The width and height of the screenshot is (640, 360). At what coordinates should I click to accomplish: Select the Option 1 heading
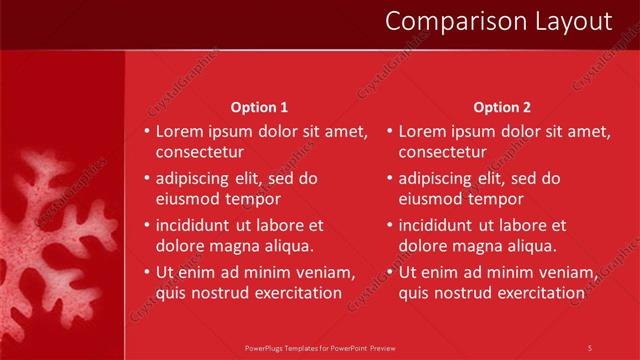click(x=259, y=107)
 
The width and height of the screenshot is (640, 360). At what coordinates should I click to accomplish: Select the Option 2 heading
click(x=502, y=107)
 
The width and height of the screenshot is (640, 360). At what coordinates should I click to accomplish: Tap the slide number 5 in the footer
click(x=590, y=347)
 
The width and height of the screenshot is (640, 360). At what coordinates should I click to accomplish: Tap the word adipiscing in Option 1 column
click(x=195, y=179)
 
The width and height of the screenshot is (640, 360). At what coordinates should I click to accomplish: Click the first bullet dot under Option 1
click(x=147, y=131)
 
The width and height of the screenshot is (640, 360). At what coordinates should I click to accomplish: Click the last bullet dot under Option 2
click(x=389, y=272)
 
